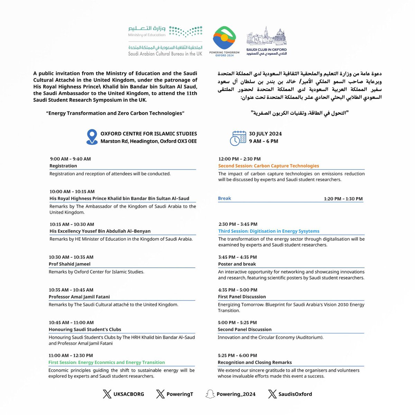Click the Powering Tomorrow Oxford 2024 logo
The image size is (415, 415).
tap(224, 40)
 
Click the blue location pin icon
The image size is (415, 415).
tap(92, 137)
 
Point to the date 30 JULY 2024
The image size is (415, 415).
tap(265, 134)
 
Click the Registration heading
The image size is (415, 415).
tap(63, 166)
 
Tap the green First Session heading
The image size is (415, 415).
tap(107, 362)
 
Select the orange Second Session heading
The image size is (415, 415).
tap(268, 166)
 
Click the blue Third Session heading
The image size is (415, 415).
tap(269, 231)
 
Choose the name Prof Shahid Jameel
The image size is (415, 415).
tap(70, 264)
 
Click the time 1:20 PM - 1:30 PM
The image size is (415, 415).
tap(343, 199)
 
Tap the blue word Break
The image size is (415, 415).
tap(224, 198)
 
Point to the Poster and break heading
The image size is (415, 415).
tap(237, 264)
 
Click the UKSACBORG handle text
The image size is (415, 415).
tap(129, 394)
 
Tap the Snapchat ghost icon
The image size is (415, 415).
tap(209, 394)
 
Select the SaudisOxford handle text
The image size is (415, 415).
tap(295, 394)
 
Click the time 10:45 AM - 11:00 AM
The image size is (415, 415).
tap(71, 322)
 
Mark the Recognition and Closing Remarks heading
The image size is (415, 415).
tap(255, 362)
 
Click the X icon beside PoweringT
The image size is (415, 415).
tap(160, 394)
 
